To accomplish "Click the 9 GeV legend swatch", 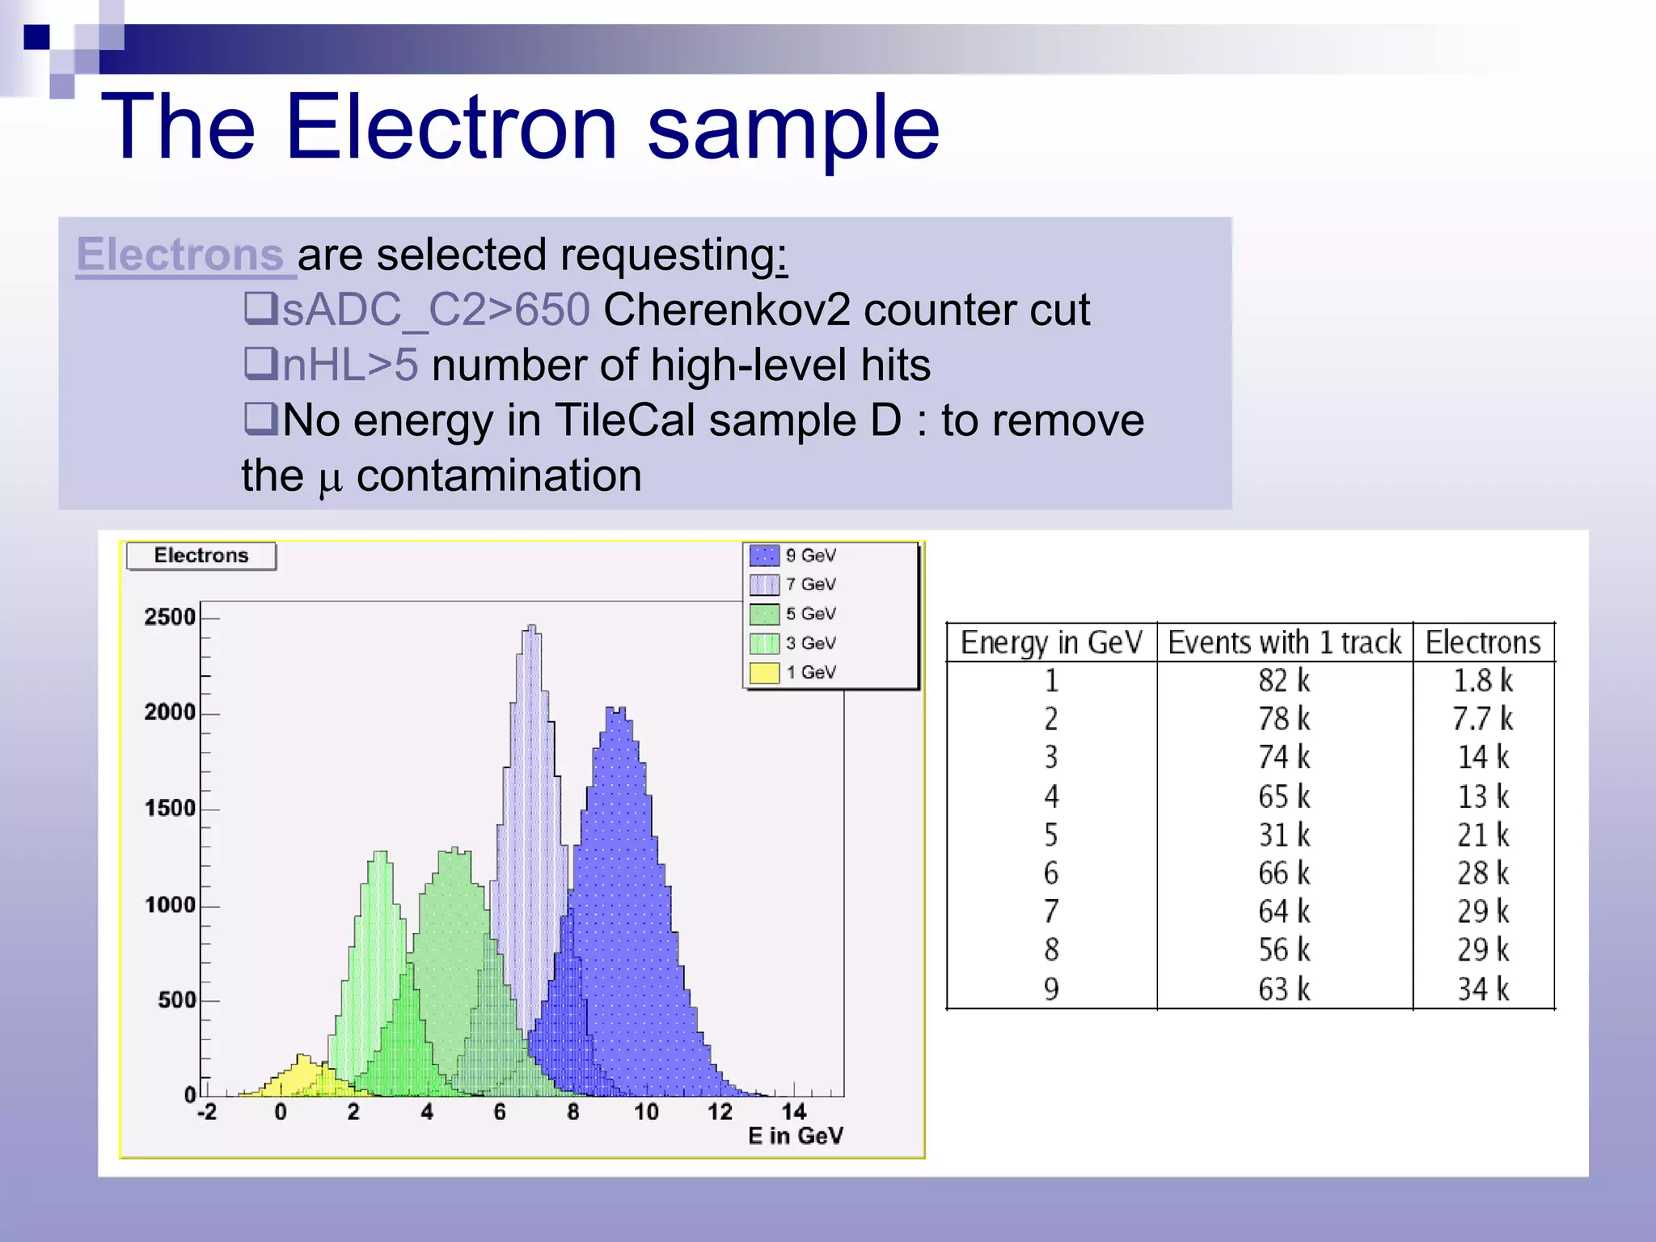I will pyautogui.click(x=764, y=556).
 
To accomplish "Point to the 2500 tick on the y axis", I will pyautogui.click(x=170, y=618).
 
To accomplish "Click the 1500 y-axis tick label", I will pyautogui.click(x=170, y=809).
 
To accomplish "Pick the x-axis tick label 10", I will pyautogui.click(x=645, y=1113).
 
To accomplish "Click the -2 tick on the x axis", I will pyautogui.click(x=207, y=1113).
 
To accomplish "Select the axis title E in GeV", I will pyautogui.click(x=795, y=1137).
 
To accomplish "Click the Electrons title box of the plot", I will pyautogui.click(x=201, y=556).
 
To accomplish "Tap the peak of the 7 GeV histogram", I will pyautogui.click(x=531, y=627).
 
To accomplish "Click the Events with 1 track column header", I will pyautogui.click(x=1284, y=643).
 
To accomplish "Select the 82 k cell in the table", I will pyautogui.click(x=1284, y=681).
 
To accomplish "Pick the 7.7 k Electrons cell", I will pyautogui.click(x=1482, y=719).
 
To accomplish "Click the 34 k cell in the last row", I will pyautogui.click(x=1482, y=989).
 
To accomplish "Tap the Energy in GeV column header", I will pyautogui.click(x=1051, y=643).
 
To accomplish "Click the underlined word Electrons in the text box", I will pyautogui.click(x=180, y=255).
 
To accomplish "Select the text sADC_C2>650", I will pyautogui.click(x=435, y=310).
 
